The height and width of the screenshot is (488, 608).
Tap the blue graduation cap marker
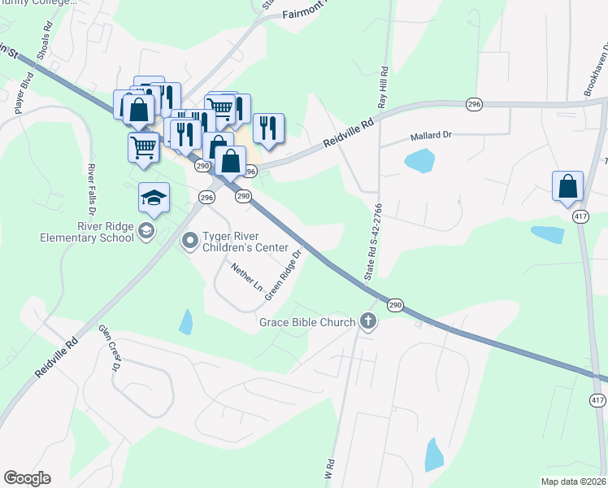(153, 198)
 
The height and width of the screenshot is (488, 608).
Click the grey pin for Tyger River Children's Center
(190, 241)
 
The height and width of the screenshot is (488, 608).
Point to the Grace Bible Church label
(307, 322)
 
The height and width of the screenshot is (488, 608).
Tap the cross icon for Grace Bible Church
(368, 321)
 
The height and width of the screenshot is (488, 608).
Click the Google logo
(27, 478)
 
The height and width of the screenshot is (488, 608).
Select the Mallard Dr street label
(430, 138)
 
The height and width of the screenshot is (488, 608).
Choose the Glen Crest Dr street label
(110, 348)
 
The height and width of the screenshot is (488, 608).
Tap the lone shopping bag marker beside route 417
(568, 186)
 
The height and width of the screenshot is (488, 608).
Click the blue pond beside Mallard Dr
(419, 162)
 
